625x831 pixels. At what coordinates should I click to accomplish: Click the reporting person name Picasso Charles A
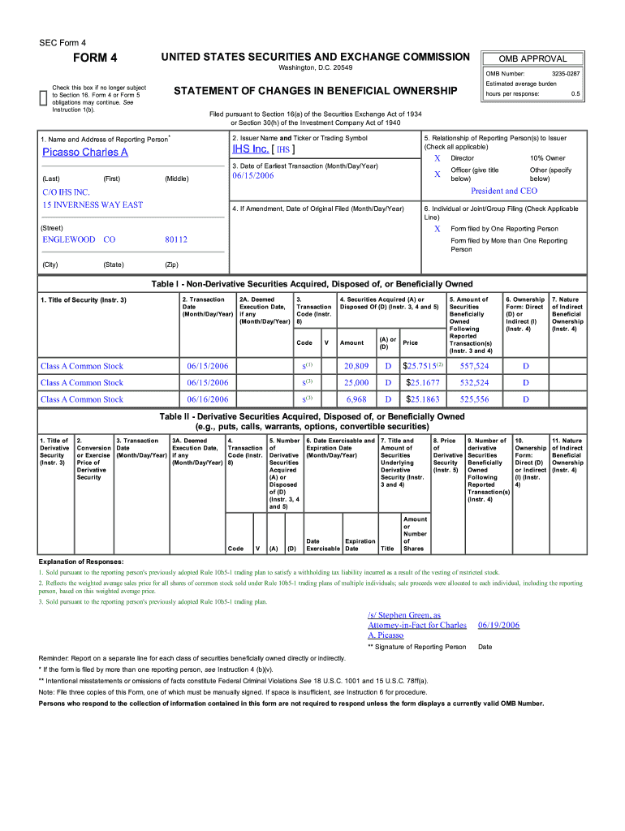point(85,153)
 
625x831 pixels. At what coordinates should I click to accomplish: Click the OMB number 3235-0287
point(563,74)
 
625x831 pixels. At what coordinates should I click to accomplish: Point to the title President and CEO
point(504,191)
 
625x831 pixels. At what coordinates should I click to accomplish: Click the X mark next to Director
point(437,158)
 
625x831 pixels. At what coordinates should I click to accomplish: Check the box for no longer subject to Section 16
point(44,98)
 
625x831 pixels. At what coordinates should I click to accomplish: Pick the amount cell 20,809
point(356,366)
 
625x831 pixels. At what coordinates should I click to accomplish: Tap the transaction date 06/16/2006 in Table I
point(208,399)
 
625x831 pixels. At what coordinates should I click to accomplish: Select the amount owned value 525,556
point(474,399)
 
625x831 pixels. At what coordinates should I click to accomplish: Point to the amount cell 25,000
point(356,382)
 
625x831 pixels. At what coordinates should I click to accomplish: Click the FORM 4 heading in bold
point(96,58)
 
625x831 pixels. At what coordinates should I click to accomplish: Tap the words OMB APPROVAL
point(532,59)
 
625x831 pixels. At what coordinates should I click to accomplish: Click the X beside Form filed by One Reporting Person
point(437,229)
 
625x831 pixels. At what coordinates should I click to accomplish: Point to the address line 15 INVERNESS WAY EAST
point(93,205)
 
